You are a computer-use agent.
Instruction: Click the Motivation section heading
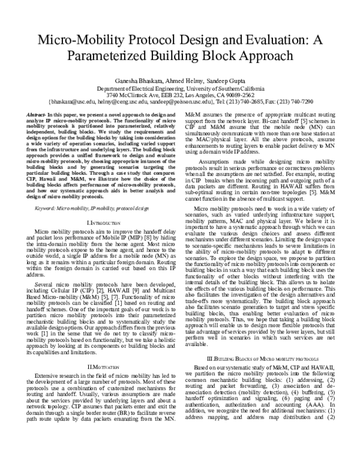coord(104,366)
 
